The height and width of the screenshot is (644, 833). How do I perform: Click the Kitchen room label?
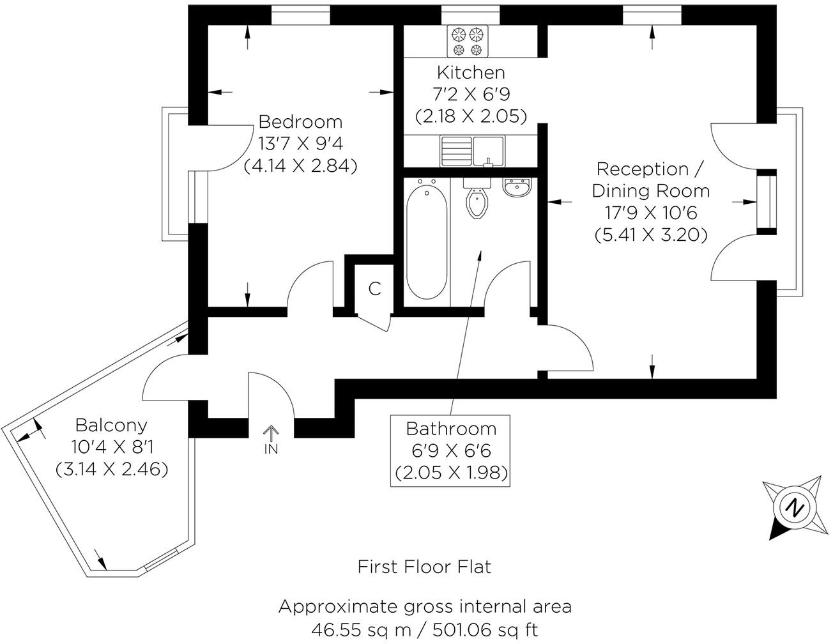pyautogui.click(x=471, y=73)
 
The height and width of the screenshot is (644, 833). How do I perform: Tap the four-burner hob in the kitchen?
pyautogui.click(x=468, y=41)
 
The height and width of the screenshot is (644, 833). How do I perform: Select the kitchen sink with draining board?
pyautogui.click(x=472, y=151)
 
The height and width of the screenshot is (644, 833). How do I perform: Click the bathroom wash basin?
pyautogui.click(x=517, y=188)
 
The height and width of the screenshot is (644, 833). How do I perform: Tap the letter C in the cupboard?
pyautogui.click(x=375, y=289)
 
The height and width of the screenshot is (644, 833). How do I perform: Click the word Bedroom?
pyautogui.click(x=300, y=121)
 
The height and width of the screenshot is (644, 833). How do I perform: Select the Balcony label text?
pyautogui.click(x=111, y=425)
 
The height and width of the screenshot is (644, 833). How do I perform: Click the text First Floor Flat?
pyautogui.click(x=425, y=567)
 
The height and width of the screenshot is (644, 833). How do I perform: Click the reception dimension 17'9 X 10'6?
pyautogui.click(x=651, y=213)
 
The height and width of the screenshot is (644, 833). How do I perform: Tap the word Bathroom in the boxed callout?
pyautogui.click(x=451, y=428)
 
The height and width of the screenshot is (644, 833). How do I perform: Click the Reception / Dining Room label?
pyautogui.click(x=651, y=180)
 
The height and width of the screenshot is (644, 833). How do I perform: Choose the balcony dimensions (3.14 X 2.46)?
pyautogui.click(x=112, y=469)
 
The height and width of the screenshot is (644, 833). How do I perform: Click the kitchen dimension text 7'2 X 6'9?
pyautogui.click(x=471, y=95)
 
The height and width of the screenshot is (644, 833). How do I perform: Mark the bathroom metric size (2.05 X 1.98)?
pyautogui.click(x=451, y=473)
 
